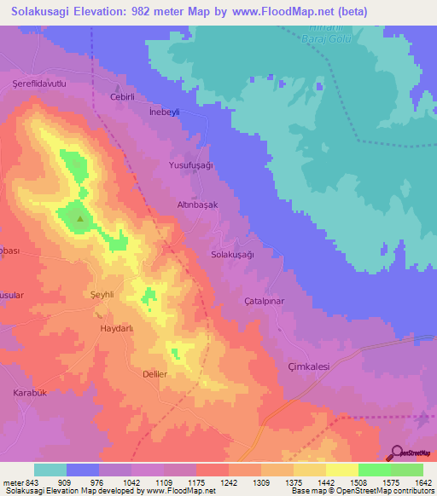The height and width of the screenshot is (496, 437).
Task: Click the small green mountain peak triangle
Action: [80, 219]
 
